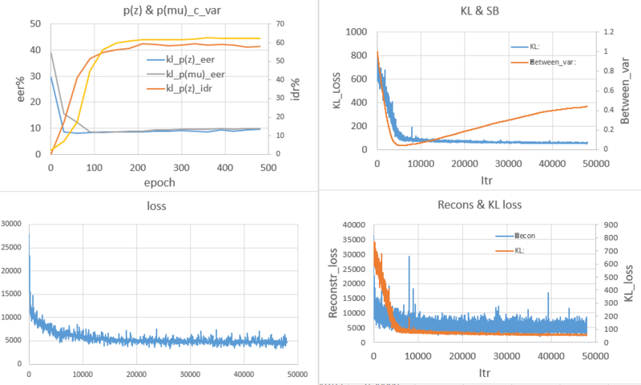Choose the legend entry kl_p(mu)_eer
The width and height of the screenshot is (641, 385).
click(x=198, y=75)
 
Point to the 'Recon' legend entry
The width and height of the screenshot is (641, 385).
click(x=526, y=236)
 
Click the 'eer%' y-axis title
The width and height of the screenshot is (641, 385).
click(x=10, y=88)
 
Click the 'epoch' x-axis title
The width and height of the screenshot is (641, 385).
click(x=159, y=182)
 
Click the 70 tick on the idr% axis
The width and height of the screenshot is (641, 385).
click(x=283, y=23)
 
